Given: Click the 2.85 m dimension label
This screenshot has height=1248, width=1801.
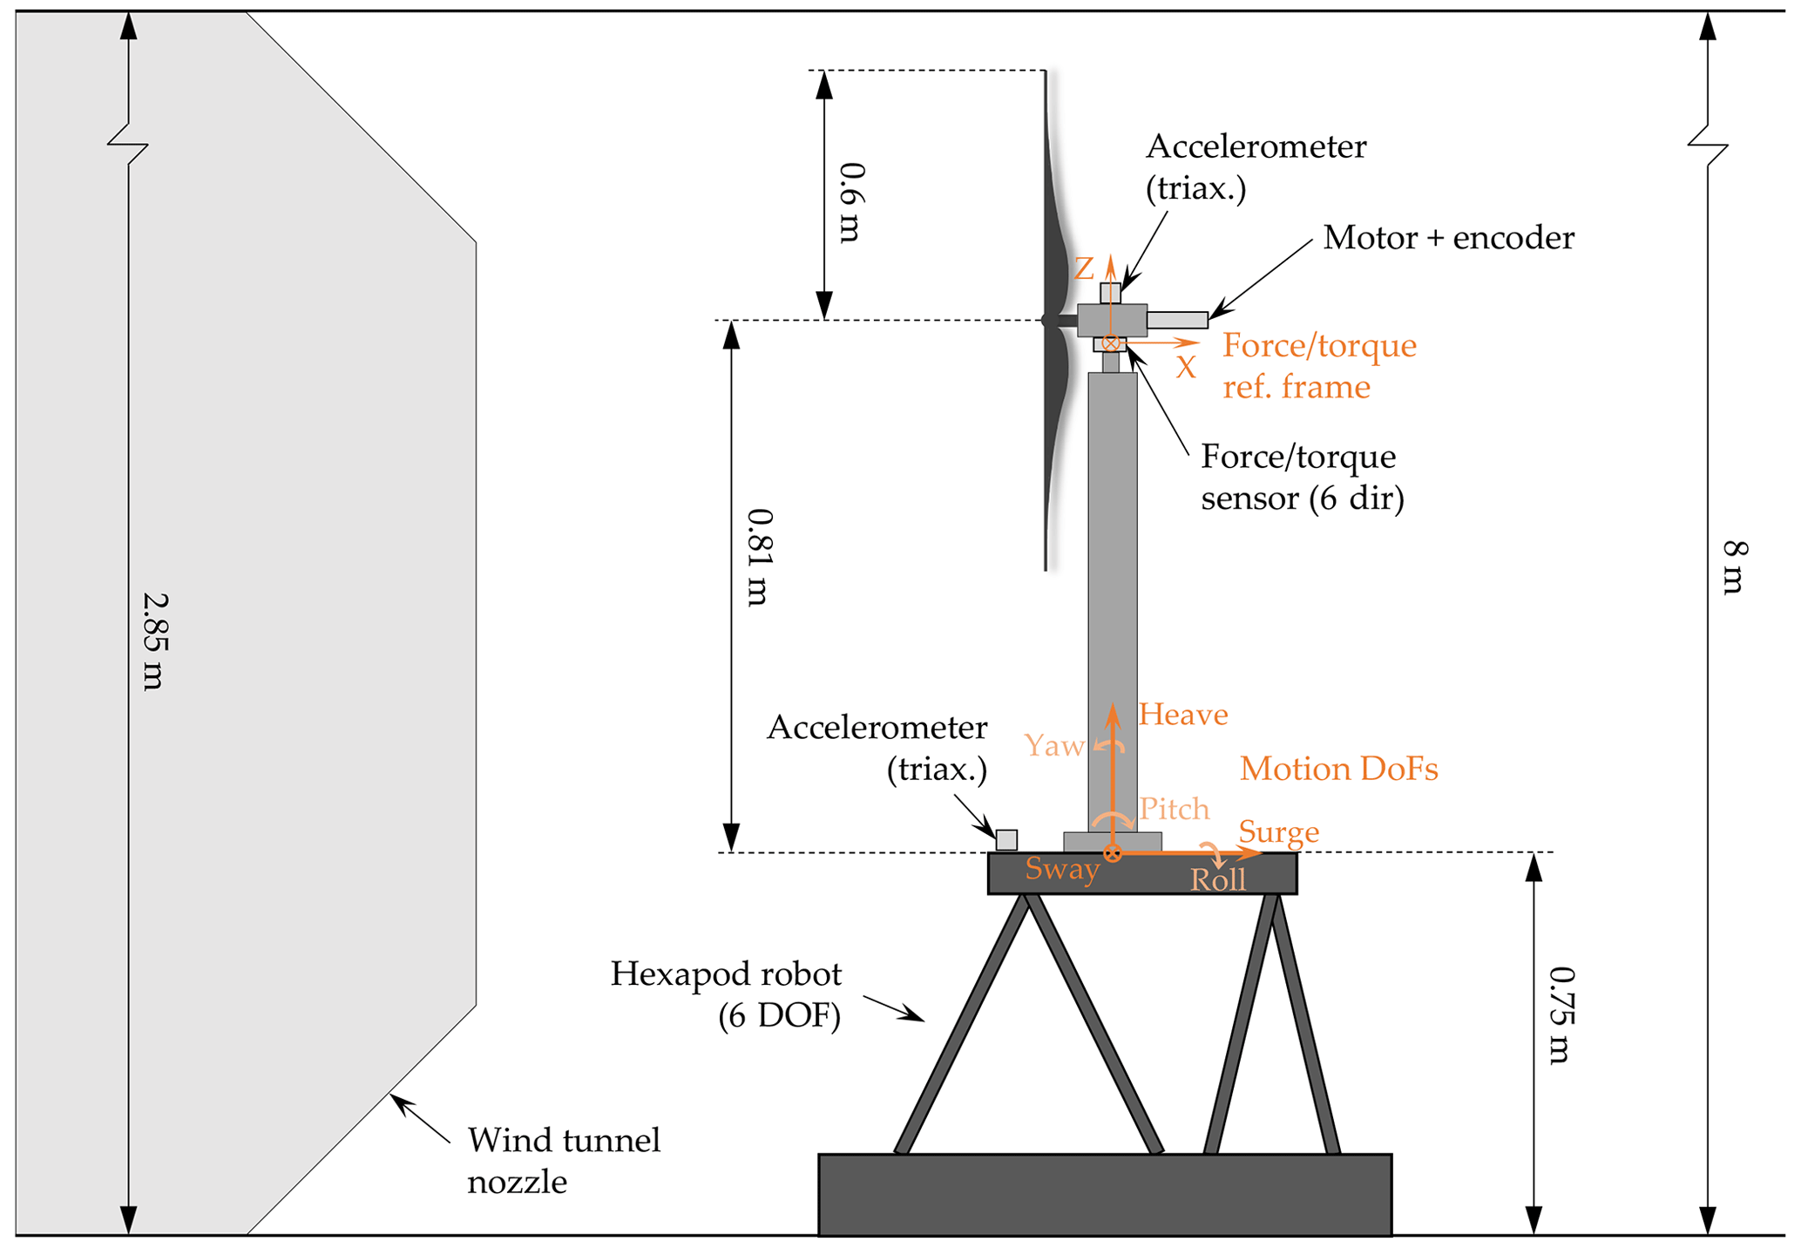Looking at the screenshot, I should pos(153,641).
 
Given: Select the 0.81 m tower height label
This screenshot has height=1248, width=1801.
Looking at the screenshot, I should pos(759,557).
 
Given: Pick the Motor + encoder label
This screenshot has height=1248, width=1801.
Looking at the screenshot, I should pos(1448,238).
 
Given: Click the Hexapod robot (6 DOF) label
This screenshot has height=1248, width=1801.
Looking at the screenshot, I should pos(726,994).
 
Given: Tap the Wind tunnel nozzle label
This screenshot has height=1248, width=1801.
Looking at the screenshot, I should pos(564,1160).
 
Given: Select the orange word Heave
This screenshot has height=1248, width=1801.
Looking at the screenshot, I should pos(1182,715).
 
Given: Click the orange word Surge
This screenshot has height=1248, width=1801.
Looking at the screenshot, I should pos(1278,831).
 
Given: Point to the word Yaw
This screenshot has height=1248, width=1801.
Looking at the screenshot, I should pos(1053,745).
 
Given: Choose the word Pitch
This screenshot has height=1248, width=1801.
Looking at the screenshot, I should pos(1175,809).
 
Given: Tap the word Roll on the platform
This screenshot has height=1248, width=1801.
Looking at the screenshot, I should pos(1218,880).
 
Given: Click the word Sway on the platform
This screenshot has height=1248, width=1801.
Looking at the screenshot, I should pos(1062,869).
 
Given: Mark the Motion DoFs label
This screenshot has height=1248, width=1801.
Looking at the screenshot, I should pos(1338,769).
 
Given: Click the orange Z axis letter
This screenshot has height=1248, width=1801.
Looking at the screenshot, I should pos(1083,268).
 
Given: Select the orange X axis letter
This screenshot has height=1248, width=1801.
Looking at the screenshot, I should pos(1185,368).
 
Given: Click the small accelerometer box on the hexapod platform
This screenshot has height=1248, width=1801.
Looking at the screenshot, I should pos(1006,839).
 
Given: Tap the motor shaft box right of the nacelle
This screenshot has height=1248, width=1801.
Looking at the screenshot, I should pos(1176,320).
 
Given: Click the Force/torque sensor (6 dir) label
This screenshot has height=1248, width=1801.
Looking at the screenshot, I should pos(1302,477).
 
